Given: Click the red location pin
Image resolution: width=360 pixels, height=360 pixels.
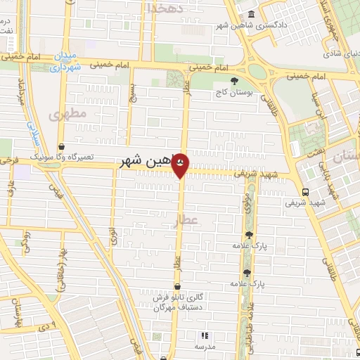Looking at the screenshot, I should tap(180, 164).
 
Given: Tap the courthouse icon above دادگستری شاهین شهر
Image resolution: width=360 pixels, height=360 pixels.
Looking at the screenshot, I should tap(252, 15).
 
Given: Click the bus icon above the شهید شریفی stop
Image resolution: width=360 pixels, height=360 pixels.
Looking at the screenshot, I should tap(304, 192).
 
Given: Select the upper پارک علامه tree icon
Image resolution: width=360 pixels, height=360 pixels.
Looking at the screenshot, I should tap(248, 235).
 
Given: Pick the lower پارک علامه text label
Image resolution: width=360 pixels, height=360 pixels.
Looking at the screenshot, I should tap(247, 283).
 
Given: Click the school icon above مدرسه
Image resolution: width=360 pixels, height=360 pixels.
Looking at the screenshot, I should tap(205, 336).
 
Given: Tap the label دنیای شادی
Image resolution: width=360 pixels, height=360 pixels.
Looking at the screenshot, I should tap(340, 50).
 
